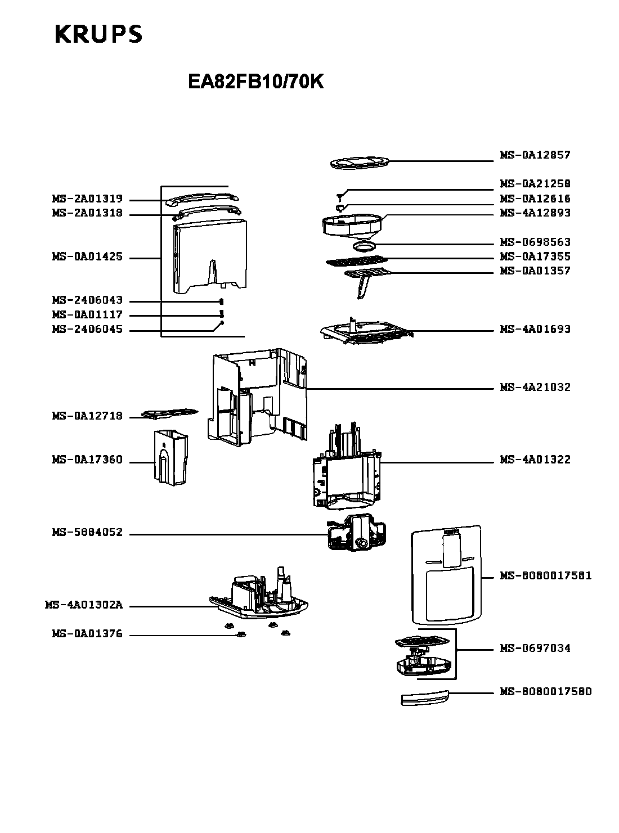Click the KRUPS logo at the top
point(98,34)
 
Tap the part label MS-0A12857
point(535,155)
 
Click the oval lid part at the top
point(360,163)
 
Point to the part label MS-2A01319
point(87,199)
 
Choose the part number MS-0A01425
point(87,256)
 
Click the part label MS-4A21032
point(535,387)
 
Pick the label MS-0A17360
point(87,460)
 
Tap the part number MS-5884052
point(87,532)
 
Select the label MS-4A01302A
point(84,605)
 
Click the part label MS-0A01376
point(87,634)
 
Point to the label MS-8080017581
point(545,576)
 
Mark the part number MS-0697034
point(535,648)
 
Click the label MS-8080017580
point(545,692)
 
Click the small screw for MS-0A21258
point(340,197)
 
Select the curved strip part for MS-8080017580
point(425,697)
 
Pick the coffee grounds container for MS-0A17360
point(171,458)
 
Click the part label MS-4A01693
point(535,330)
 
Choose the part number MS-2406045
point(87,330)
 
